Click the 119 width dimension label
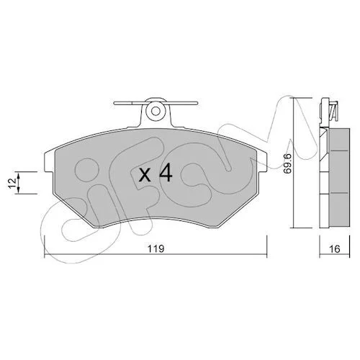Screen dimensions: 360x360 pyautogui.click(x=156, y=248)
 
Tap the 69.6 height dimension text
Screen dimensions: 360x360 pyautogui.click(x=287, y=163)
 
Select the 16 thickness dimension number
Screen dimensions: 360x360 pyautogui.click(x=335, y=249)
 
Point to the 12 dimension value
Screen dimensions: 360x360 pyautogui.click(x=13, y=183)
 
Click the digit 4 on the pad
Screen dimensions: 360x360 pyautogui.click(x=166, y=172)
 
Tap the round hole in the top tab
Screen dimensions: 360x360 pyautogui.click(x=156, y=111)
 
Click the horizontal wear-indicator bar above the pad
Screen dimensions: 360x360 pyautogui.click(x=156, y=103)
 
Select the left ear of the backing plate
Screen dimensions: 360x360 pyautogui.click(x=49, y=162)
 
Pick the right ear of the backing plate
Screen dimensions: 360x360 pyautogui.click(x=262, y=162)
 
